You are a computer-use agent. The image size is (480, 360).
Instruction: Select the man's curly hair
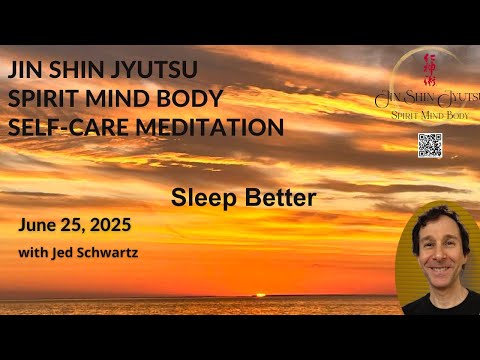coord(441,218)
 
